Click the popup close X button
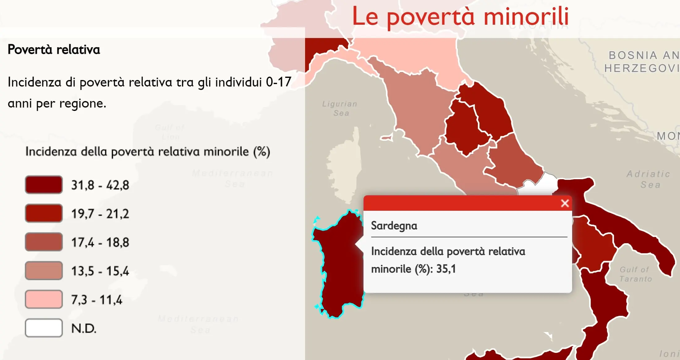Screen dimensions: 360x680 pyautogui.click(x=565, y=203)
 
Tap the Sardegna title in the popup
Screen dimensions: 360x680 pyautogui.click(x=394, y=226)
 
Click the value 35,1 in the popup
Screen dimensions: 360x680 pyautogui.click(x=446, y=269)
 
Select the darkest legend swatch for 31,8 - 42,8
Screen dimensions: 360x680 pyautogui.click(x=44, y=185)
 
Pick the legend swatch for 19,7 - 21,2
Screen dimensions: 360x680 pyautogui.click(x=44, y=213)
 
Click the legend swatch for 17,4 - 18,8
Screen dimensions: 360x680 pyautogui.click(x=44, y=242)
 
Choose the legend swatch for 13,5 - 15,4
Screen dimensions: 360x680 pyautogui.click(x=44, y=271)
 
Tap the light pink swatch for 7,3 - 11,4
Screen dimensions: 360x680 pyautogui.click(x=44, y=299)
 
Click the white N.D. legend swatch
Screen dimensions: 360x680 pyautogui.click(x=44, y=328)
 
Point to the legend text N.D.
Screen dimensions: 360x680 pyautogui.click(x=83, y=328)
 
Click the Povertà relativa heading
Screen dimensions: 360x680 pyautogui.click(x=54, y=50)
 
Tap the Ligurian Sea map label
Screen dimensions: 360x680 pyautogui.click(x=340, y=108)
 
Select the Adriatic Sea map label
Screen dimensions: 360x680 pyautogui.click(x=648, y=179)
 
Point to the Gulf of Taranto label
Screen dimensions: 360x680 pyautogui.click(x=635, y=274)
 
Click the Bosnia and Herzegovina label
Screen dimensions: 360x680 pyautogui.click(x=641, y=62)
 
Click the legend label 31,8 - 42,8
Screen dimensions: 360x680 pyautogui.click(x=100, y=185)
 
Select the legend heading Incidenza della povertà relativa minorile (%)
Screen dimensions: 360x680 pyautogui.click(x=147, y=152)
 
